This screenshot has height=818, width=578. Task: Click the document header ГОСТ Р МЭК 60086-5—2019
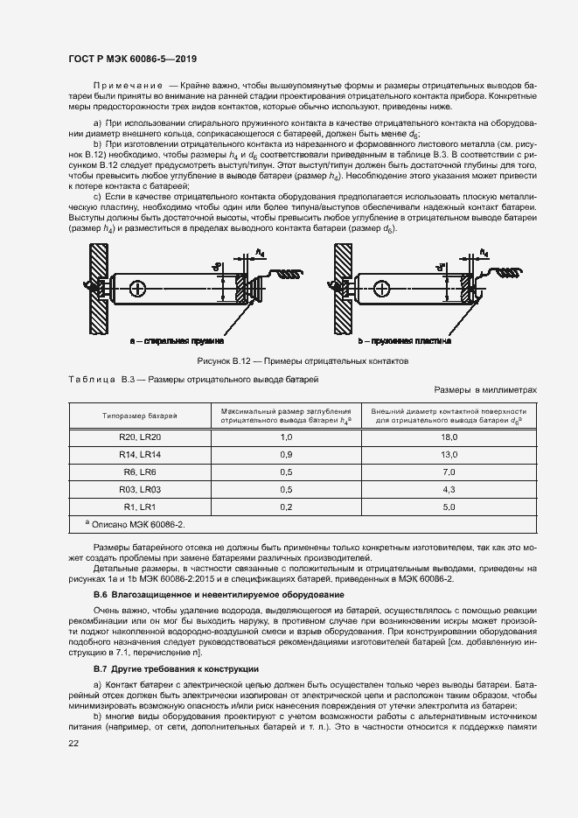pyautogui.click(x=132, y=59)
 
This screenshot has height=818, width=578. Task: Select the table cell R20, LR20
pyautogui.click(x=140, y=437)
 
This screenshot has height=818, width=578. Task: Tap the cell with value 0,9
pyautogui.click(x=285, y=455)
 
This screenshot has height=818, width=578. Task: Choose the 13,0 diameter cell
pyautogui.click(x=450, y=455)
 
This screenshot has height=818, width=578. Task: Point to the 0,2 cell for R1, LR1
pyautogui.click(x=285, y=507)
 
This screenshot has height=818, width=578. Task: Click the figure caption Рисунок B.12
pyautogui.click(x=302, y=361)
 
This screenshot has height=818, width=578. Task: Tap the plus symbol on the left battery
pyautogui.click(x=136, y=287)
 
